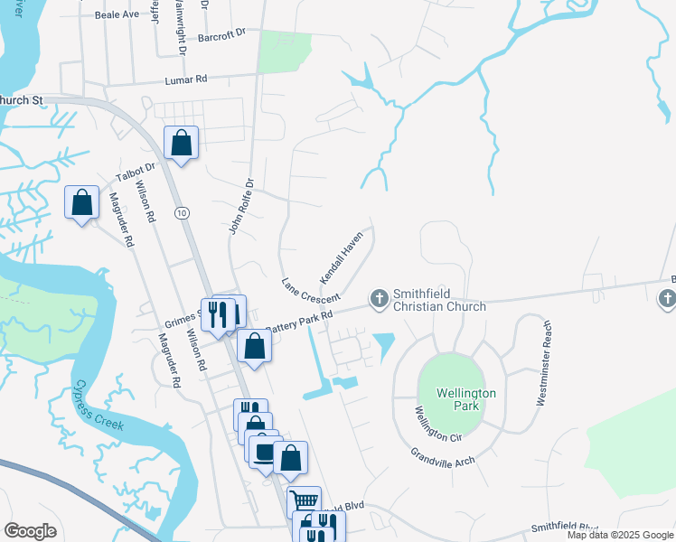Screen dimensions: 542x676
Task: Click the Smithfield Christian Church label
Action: pos(439,300)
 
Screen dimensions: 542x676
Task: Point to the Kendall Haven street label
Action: pos(340,255)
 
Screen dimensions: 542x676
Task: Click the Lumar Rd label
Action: pos(186,80)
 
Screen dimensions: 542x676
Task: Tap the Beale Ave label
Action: pos(117,15)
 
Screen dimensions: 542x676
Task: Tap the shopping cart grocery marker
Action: pos(304,500)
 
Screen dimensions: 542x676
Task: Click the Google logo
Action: pos(31,531)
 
